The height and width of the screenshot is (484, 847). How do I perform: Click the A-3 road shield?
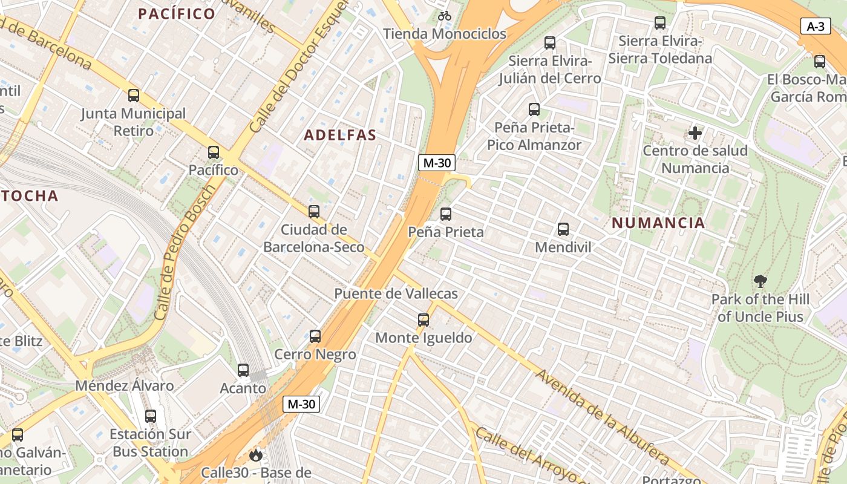pos(816,26)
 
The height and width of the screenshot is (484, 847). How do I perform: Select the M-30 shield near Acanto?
pos(301,404)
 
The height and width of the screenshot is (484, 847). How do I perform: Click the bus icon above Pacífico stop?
pos(214,152)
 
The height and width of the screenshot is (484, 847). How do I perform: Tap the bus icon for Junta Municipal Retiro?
pos(134,96)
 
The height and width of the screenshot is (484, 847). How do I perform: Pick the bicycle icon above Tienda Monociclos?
pos(445,16)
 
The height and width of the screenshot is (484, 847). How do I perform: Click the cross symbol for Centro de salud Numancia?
pos(695,132)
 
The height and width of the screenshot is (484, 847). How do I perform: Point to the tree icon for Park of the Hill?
pos(760,281)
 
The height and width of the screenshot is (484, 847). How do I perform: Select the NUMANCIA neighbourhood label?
pos(658,223)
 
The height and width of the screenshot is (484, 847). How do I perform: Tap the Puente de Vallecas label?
pos(396,293)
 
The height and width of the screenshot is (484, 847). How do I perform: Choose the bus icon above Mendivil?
pos(563,229)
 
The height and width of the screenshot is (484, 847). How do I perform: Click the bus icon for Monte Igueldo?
pos(423,320)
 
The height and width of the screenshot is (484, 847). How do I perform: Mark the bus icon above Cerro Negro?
pos(315,336)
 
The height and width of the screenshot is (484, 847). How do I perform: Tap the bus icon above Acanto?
pos(243,370)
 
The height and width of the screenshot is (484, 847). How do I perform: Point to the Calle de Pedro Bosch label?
pos(185,252)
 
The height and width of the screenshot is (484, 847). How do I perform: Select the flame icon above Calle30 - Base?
pos(257,454)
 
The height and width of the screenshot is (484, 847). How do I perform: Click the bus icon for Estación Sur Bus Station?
pos(151,416)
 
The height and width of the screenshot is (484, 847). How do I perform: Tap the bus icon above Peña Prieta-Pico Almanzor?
pos(534,110)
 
